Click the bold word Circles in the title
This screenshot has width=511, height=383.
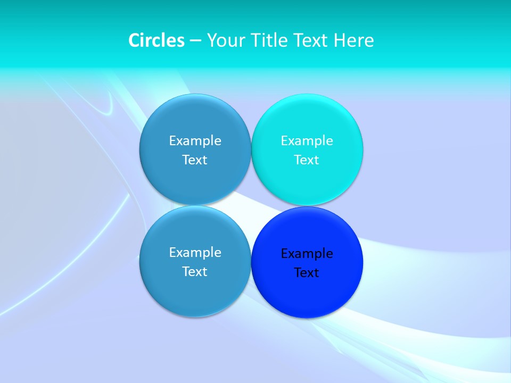pyautogui.click(x=156, y=40)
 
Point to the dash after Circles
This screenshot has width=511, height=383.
pyautogui.click(x=195, y=41)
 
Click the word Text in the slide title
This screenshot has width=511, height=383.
pyautogui.click(x=311, y=40)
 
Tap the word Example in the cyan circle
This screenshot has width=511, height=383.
pyautogui.click(x=307, y=141)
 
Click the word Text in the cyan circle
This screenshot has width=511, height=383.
pyautogui.click(x=307, y=160)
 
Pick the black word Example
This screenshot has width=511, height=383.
pyautogui.click(x=307, y=254)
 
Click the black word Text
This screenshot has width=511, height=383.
pyautogui.click(x=307, y=273)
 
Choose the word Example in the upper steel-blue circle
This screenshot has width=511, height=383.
pyautogui.click(x=195, y=141)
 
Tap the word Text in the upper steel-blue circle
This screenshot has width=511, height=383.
pyautogui.click(x=195, y=160)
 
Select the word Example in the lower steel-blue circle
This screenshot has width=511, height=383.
pyautogui.click(x=195, y=253)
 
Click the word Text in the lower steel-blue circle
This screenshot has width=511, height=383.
pyautogui.click(x=195, y=272)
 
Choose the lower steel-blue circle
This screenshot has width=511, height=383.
pyautogui.click(x=195, y=293)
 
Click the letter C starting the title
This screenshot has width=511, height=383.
pyautogui.click(x=134, y=40)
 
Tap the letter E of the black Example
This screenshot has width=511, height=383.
pyautogui.click(x=284, y=254)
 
